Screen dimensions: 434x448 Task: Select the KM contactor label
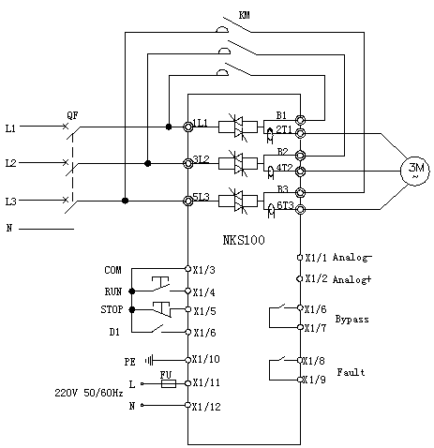244,15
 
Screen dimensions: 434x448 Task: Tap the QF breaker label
72,115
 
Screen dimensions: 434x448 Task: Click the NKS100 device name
244,240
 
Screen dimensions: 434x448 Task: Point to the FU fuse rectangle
169,383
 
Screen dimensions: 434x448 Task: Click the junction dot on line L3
125,201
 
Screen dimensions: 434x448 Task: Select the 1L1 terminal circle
187,127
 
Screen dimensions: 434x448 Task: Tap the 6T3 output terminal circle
300,209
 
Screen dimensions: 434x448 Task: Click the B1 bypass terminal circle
300,120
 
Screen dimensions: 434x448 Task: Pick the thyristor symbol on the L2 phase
238,163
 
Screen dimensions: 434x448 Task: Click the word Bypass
352,320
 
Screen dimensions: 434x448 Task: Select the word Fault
351,372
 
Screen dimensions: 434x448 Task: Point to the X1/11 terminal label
206,382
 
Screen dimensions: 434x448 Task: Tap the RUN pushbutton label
113,291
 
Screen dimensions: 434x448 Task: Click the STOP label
112,309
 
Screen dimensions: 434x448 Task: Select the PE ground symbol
149,361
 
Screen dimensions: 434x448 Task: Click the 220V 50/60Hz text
89,393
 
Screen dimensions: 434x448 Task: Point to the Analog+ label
352,279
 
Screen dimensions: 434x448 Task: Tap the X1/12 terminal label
206,407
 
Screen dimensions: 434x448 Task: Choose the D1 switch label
114,332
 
